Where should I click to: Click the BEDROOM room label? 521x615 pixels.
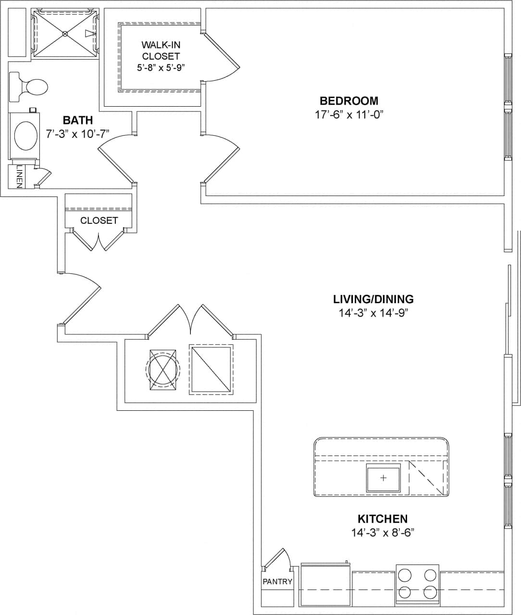click(348, 101)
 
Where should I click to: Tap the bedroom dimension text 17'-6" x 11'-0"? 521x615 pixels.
click(348, 115)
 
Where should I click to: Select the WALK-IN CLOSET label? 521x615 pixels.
click(161, 50)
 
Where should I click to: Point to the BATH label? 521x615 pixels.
click(77, 120)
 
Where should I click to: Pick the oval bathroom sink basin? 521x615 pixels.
click(26, 136)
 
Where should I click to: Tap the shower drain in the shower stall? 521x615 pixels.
click(65, 33)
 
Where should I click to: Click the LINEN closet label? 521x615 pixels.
click(19, 176)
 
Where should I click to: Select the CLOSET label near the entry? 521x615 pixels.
click(99, 221)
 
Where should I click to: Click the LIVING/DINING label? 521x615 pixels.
click(373, 299)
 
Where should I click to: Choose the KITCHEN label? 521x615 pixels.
click(382, 519)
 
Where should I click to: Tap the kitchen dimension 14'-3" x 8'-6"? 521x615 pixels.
click(382, 532)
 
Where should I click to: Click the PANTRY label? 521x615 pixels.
click(277, 581)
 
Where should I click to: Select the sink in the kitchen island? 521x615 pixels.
click(383, 478)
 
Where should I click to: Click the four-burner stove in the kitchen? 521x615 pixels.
click(417, 583)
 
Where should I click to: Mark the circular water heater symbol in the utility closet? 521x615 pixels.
click(162, 369)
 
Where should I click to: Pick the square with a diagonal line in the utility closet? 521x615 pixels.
click(211, 369)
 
